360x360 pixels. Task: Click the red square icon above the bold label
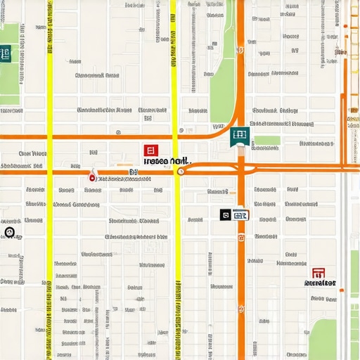pyautogui.click(x=149, y=150)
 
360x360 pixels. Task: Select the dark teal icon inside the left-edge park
pyautogui.click(x=5, y=53)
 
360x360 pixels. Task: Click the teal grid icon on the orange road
pyautogui.click(x=239, y=136)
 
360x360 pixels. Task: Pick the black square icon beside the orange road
pyautogui.click(x=225, y=215)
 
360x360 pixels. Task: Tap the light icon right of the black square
pyautogui.click(x=240, y=215)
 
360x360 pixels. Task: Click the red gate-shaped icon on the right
pyautogui.click(x=319, y=273)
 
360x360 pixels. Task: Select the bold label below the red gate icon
pyautogui.click(x=320, y=284)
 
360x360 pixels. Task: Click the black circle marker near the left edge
pyautogui.click(x=10, y=233)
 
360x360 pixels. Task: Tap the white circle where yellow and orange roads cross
pyautogui.click(x=181, y=171)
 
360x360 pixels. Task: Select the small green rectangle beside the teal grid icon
pyautogui.click(x=267, y=140)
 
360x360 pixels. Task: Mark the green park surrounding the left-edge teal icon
pyautogui.click(x=10, y=70)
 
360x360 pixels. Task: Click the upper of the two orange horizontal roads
pyautogui.click(x=105, y=136)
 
